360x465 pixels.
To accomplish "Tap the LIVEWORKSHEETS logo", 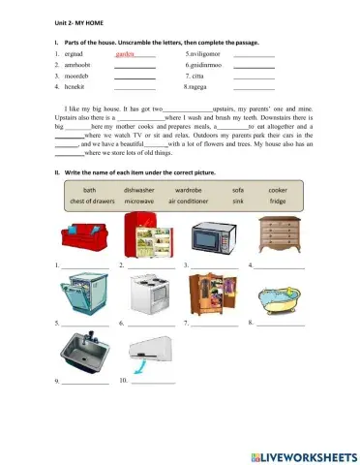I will [x=303, y=454].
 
